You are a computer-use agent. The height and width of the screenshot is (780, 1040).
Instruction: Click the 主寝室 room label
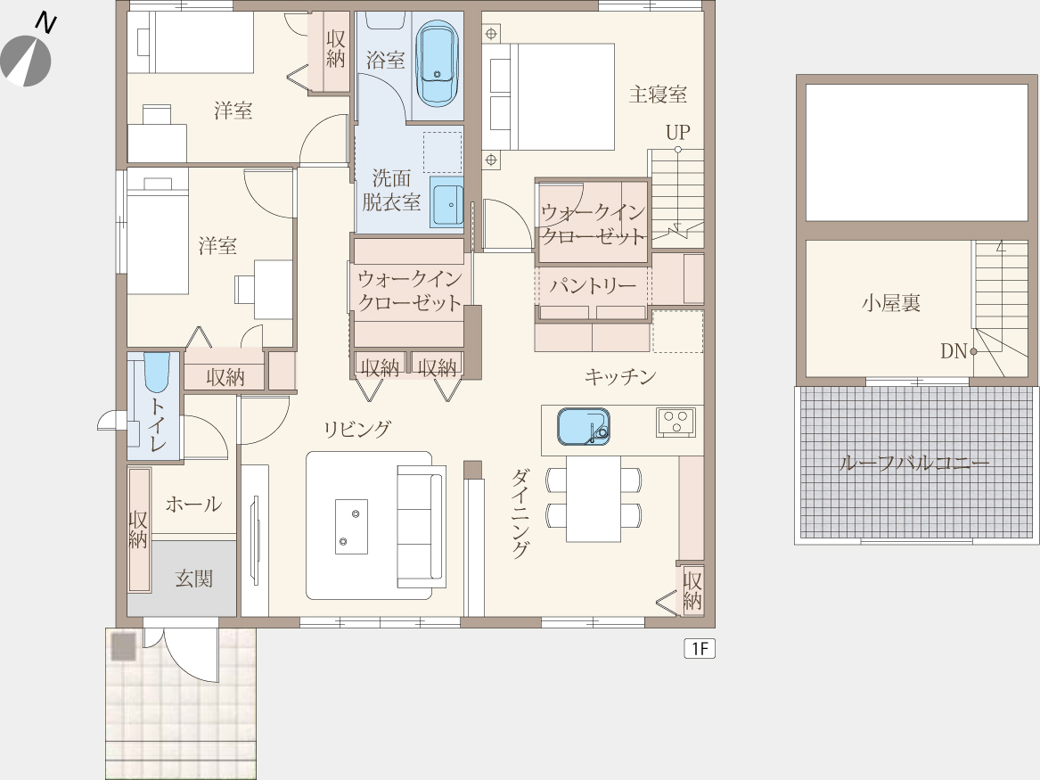coord(658,94)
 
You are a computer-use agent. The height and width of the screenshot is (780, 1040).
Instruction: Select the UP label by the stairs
coord(678,132)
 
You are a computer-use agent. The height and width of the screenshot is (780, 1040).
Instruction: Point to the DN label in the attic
coord(954,351)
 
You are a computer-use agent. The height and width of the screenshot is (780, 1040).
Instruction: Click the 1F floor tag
coord(700,648)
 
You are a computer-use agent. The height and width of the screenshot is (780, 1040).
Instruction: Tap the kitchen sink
coord(584,426)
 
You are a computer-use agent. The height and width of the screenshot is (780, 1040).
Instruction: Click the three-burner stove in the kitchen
coord(676,422)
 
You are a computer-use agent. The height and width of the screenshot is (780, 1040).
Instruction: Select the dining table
coord(594,498)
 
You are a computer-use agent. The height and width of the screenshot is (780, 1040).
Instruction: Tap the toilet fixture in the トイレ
coord(157,373)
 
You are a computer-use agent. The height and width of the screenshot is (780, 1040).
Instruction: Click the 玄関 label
coord(193,579)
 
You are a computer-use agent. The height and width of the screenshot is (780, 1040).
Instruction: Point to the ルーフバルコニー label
coord(914,463)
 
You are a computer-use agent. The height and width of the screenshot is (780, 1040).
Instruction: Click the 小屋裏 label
coord(891,303)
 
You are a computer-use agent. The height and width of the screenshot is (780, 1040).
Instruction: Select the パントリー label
coord(593,286)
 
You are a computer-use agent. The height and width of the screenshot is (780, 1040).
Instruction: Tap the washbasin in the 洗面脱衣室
coord(446,201)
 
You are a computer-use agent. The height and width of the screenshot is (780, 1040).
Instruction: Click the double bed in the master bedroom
coord(548,97)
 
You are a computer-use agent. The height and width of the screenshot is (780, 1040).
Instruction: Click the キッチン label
coord(620,377)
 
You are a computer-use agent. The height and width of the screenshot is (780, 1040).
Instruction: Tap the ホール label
coord(193,504)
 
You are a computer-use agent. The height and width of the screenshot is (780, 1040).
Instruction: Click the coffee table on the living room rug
coord(351,527)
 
